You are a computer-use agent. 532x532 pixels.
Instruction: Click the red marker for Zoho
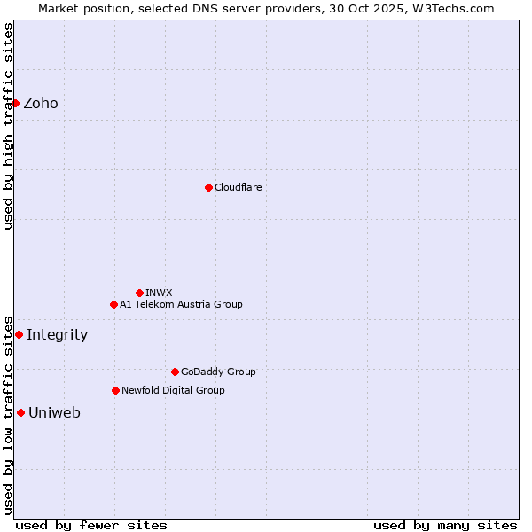pos(16,103)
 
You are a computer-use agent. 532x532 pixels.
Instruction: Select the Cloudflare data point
pos(208,187)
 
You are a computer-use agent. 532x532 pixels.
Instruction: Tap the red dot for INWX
pos(139,293)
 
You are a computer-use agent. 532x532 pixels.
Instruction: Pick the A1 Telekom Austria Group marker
pos(113,304)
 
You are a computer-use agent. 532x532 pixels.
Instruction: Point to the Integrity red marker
pos(19,334)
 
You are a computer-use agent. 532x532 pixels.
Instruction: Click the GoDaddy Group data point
pos(175,372)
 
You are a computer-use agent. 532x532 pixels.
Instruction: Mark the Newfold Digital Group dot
pos(115,390)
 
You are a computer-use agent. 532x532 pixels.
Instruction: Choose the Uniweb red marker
pos(20,412)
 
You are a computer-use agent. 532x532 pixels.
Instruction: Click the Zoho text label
pos(41,103)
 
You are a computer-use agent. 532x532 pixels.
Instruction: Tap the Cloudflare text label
pos(238,187)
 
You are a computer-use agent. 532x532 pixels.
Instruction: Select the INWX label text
pos(159,293)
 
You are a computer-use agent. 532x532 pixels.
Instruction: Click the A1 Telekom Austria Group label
pos(181,304)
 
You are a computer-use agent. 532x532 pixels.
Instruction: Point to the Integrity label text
pos(57,334)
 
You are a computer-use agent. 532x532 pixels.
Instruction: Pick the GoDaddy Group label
pos(218,372)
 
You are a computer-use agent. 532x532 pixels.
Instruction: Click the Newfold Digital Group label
pos(173,390)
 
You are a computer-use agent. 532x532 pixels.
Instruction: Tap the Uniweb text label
pos(54,412)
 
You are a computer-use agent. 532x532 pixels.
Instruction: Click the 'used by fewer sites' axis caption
pos(91,525)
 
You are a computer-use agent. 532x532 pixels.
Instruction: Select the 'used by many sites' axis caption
pos(445,525)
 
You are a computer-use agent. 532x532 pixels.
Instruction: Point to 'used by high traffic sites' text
pos(8,126)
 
